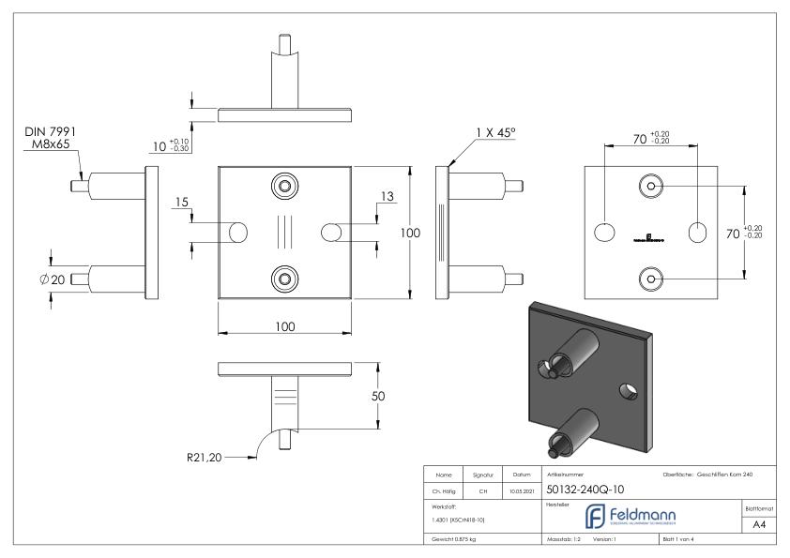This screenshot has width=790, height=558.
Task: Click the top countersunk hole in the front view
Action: point(284,184)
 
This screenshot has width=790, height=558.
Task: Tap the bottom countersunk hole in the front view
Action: point(284,278)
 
